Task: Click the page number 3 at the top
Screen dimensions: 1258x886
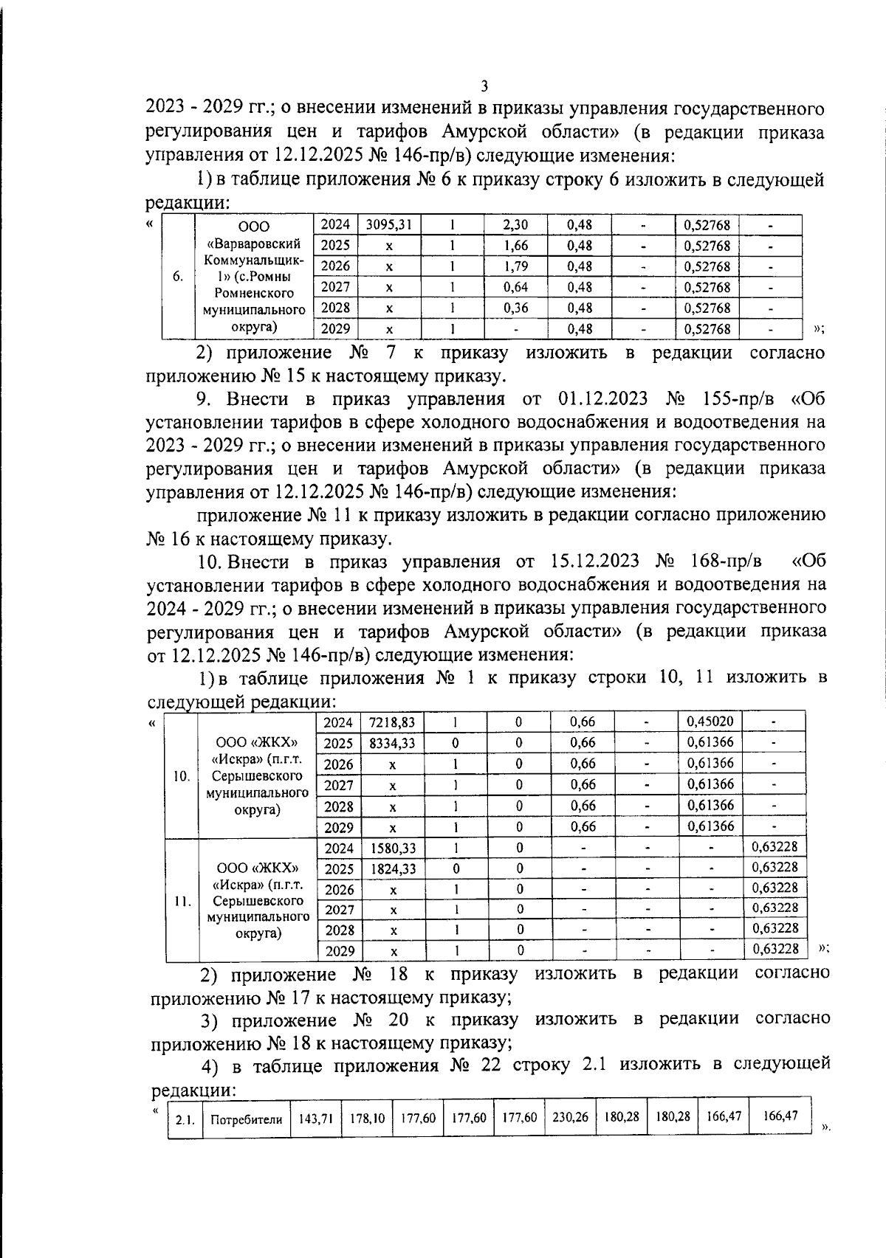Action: pos(484,86)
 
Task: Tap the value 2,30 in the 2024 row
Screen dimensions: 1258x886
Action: pos(515,224)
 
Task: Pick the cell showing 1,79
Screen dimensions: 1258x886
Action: pos(515,266)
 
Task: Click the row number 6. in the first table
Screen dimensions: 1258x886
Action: pos(178,277)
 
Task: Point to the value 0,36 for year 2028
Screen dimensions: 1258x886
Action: pos(515,308)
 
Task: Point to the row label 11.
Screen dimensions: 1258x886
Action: pos(182,901)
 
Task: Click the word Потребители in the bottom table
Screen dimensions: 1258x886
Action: pos(247,1140)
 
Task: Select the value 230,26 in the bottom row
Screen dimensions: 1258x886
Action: pos(570,1138)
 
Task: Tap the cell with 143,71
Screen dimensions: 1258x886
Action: pos(315,1139)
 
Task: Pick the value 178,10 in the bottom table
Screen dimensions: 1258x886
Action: pos(367,1139)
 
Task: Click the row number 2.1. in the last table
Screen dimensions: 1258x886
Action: pos(185,1141)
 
